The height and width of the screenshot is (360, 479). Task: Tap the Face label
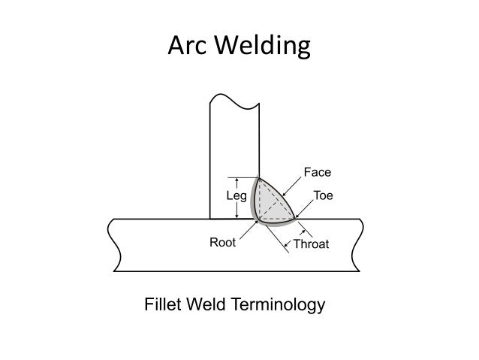point(318,172)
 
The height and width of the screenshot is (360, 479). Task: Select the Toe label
point(323,195)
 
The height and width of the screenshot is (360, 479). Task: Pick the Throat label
point(312,244)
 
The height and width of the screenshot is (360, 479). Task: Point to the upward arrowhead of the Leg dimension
point(236,180)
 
